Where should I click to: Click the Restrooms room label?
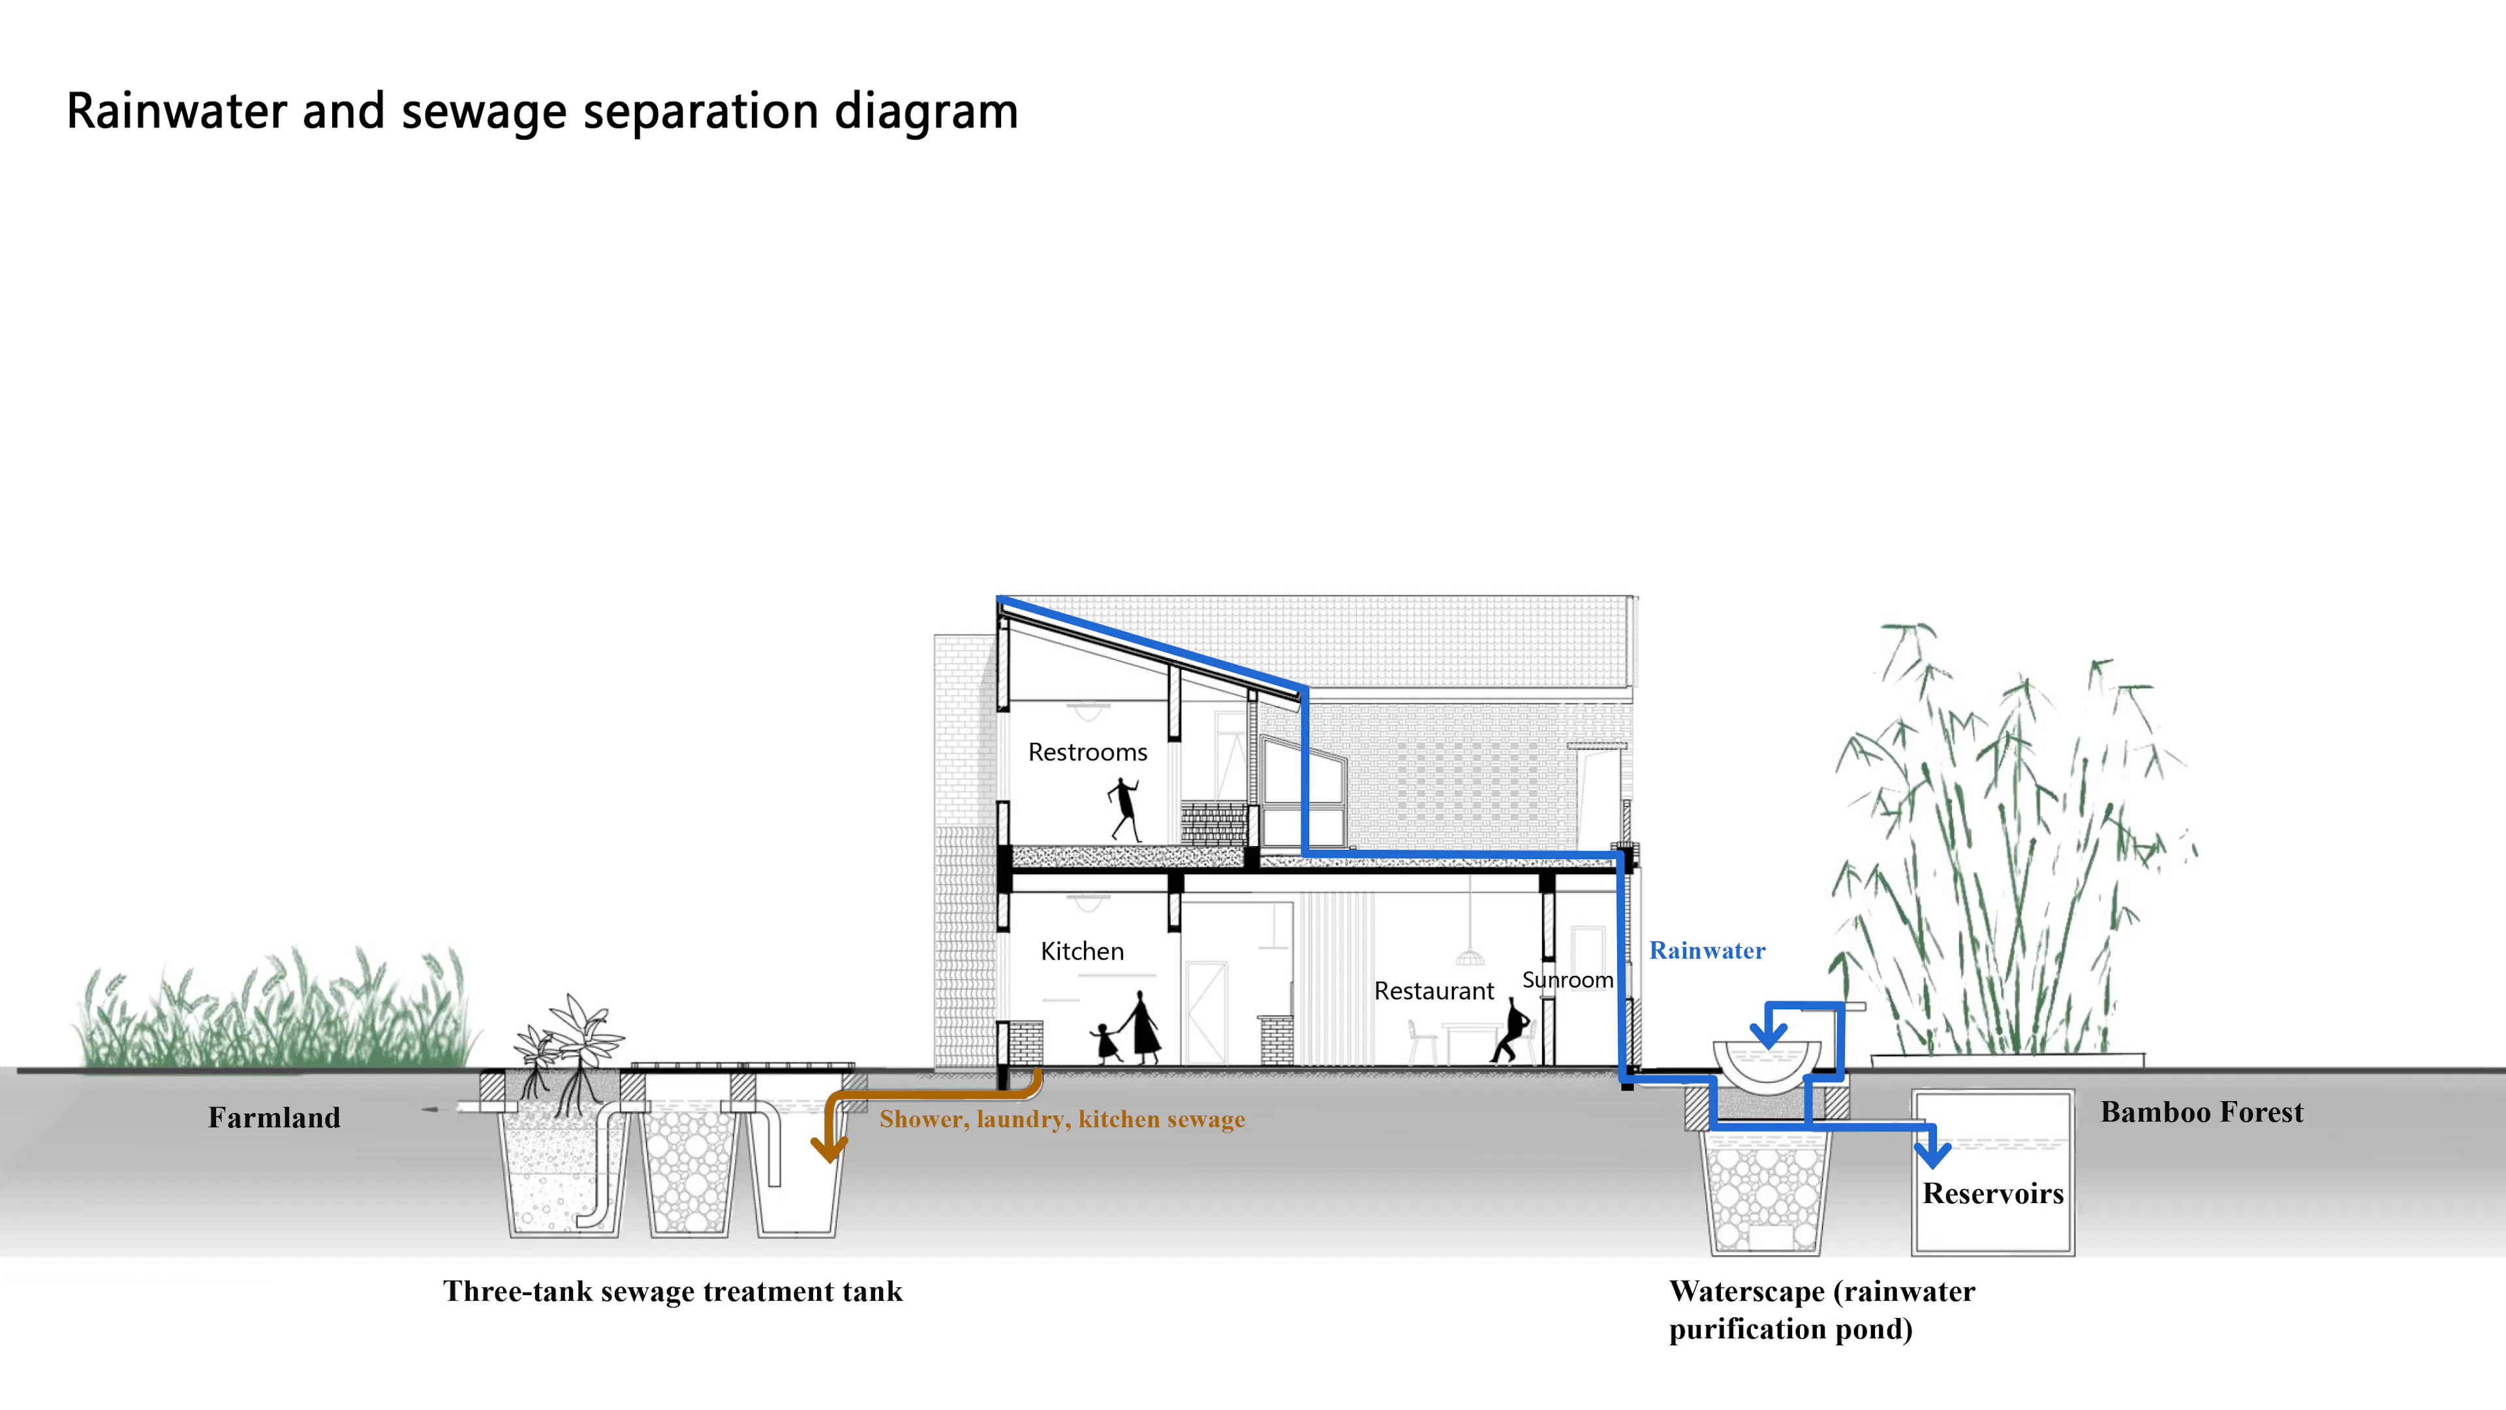[1088, 752]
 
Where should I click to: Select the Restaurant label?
[1433, 991]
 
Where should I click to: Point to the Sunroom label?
[1567, 979]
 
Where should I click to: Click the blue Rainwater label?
[1707, 950]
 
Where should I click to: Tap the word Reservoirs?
[1992, 1193]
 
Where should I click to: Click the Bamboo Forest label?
[2201, 1112]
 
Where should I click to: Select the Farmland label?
[274, 1117]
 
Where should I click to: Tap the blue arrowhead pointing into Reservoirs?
[1932, 1153]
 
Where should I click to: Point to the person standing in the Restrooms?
[1124, 807]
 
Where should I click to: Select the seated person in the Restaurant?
[1511, 1031]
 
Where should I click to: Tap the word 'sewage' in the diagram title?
[484, 111]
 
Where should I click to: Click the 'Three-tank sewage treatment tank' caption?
[672, 1291]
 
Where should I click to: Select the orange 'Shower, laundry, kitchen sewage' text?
[1061, 1119]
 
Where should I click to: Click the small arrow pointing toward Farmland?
[430, 1108]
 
